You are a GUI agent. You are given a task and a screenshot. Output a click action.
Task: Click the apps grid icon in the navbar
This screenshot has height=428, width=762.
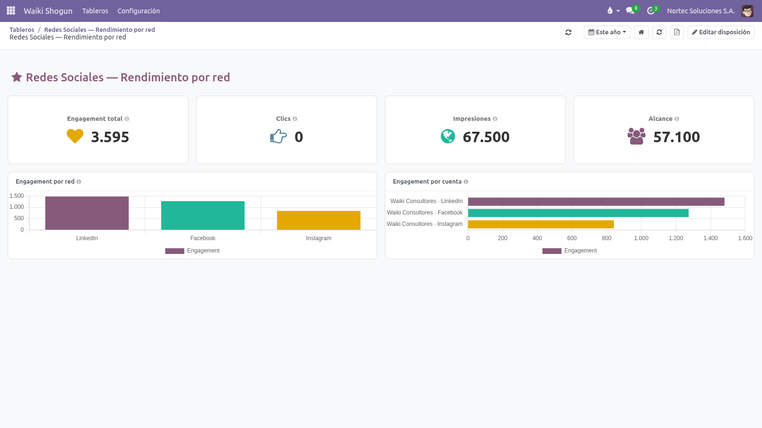pyautogui.click(x=11, y=11)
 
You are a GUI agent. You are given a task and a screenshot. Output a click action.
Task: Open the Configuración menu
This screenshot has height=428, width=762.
pyautogui.click(x=139, y=11)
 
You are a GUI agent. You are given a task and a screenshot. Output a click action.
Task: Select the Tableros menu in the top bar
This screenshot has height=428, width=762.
pyautogui.click(x=95, y=11)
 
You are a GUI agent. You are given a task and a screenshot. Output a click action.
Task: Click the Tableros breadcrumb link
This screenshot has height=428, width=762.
pyautogui.click(x=22, y=29)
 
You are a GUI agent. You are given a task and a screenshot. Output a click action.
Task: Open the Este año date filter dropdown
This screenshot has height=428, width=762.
pyautogui.click(x=607, y=32)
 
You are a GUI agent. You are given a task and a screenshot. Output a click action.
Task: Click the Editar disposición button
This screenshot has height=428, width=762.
pyautogui.click(x=721, y=32)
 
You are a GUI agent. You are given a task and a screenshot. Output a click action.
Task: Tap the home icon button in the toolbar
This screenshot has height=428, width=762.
pyautogui.click(x=641, y=32)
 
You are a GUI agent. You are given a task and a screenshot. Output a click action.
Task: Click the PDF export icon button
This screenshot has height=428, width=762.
pyautogui.click(x=677, y=32)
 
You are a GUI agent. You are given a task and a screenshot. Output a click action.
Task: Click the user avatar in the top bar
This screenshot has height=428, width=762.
pyautogui.click(x=747, y=11)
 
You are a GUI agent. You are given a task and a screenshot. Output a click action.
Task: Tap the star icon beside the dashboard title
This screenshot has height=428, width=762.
pyautogui.click(x=17, y=77)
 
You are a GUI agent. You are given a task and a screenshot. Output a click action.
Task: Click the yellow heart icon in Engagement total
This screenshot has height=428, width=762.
pyautogui.click(x=75, y=136)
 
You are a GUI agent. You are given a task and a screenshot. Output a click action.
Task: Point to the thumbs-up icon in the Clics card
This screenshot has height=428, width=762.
pyautogui.click(x=278, y=136)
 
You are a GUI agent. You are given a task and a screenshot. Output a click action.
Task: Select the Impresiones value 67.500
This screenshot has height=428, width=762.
pyautogui.click(x=486, y=137)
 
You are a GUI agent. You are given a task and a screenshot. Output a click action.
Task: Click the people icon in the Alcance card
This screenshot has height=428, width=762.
pyautogui.click(x=636, y=136)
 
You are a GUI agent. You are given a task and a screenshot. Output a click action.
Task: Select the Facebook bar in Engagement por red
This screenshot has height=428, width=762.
pyautogui.click(x=203, y=215)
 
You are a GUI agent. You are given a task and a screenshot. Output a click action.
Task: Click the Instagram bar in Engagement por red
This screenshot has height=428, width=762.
pyautogui.click(x=319, y=221)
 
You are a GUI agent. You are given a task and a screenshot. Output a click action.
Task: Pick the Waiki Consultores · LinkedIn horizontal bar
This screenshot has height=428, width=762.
pyautogui.click(x=596, y=202)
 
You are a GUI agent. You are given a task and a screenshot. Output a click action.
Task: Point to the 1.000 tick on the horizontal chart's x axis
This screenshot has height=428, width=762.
pyautogui.click(x=641, y=238)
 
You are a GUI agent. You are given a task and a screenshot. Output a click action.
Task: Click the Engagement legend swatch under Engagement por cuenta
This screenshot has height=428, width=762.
pyautogui.click(x=552, y=251)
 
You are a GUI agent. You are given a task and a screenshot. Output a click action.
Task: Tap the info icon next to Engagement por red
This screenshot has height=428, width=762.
pyautogui.click(x=79, y=182)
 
